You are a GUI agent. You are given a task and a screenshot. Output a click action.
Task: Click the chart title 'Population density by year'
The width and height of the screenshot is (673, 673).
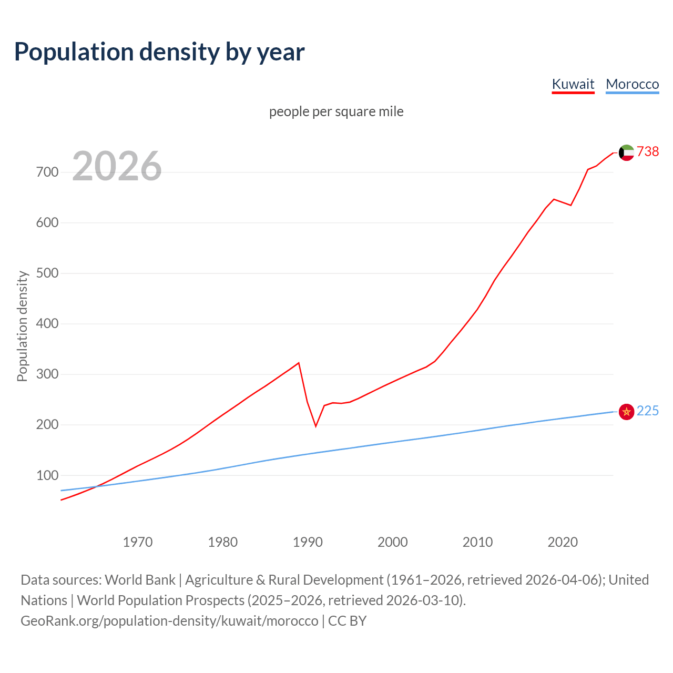click(159, 52)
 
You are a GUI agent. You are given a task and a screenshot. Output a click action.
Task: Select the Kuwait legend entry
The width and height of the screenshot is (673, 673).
click(573, 84)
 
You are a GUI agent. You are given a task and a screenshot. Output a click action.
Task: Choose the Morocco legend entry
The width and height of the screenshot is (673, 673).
click(632, 84)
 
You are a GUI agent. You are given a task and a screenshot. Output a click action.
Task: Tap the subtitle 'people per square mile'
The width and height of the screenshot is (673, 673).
click(336, 111)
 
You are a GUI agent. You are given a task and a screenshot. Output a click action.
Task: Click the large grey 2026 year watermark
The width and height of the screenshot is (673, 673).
click(117, 166)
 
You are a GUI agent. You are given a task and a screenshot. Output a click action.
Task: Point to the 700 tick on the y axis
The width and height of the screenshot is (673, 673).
click(47, 172)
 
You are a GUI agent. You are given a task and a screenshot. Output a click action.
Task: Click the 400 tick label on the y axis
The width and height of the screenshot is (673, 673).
click(47, 324)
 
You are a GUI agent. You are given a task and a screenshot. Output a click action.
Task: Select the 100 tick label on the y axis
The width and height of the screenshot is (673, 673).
click(47, 475)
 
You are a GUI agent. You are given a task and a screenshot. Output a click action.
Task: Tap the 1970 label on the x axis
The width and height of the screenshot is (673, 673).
click(138, 542)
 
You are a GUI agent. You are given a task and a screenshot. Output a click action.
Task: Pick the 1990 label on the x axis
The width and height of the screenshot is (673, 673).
click(308, 542)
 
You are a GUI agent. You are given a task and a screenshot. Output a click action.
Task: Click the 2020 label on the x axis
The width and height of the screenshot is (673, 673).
click(563, 542)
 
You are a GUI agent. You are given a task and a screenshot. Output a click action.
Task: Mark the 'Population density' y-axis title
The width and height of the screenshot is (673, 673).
click(22, 326)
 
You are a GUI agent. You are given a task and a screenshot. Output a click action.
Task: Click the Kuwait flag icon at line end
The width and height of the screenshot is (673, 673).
click(626, 152)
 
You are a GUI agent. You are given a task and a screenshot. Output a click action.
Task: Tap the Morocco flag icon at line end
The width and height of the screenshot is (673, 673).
click(626, 411)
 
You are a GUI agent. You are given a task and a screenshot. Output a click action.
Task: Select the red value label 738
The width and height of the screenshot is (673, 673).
click(648, 151)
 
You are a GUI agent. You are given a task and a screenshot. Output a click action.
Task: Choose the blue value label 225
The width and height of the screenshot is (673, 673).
click(648, 411)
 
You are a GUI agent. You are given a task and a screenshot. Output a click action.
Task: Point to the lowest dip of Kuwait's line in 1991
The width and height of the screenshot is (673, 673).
click(315, 426)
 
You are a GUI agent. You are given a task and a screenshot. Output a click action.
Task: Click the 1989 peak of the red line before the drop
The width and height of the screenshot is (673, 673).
click(299, 363)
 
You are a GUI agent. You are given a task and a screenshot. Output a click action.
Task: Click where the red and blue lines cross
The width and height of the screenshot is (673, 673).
click(95, 486)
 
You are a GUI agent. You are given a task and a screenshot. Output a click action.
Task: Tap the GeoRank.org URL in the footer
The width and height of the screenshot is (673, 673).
click(169, 621)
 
